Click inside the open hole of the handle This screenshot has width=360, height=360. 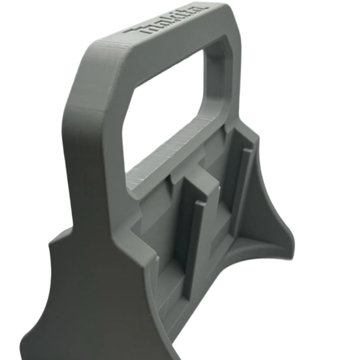pos(170,105)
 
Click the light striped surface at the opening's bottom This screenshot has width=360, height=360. pos(170,154)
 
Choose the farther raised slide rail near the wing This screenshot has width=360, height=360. pos(242,191)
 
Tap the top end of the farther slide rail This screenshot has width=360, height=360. pos(248,151)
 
